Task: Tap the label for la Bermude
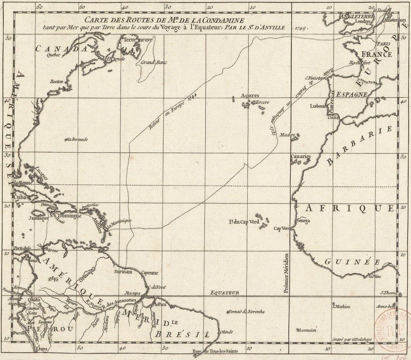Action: tap(77, 139)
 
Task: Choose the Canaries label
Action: tap(301, 156)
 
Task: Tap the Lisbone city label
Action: tap(318, 106)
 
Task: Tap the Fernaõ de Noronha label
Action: tap(246, 312)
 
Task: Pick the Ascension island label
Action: tap(307, 330)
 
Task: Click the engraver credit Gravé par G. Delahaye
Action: tap(353, 340)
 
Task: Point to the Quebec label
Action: tap(53, 54)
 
